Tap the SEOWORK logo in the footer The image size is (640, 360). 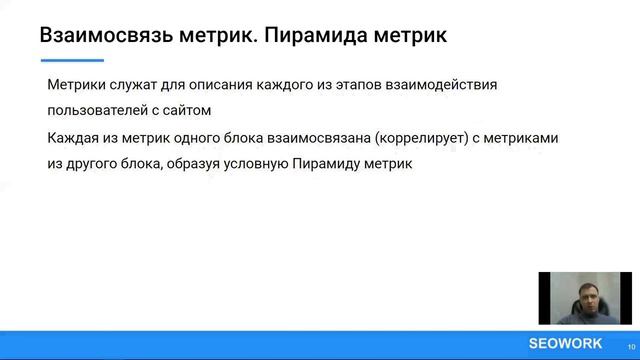point(565,343)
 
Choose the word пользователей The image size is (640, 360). point(97,110)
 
